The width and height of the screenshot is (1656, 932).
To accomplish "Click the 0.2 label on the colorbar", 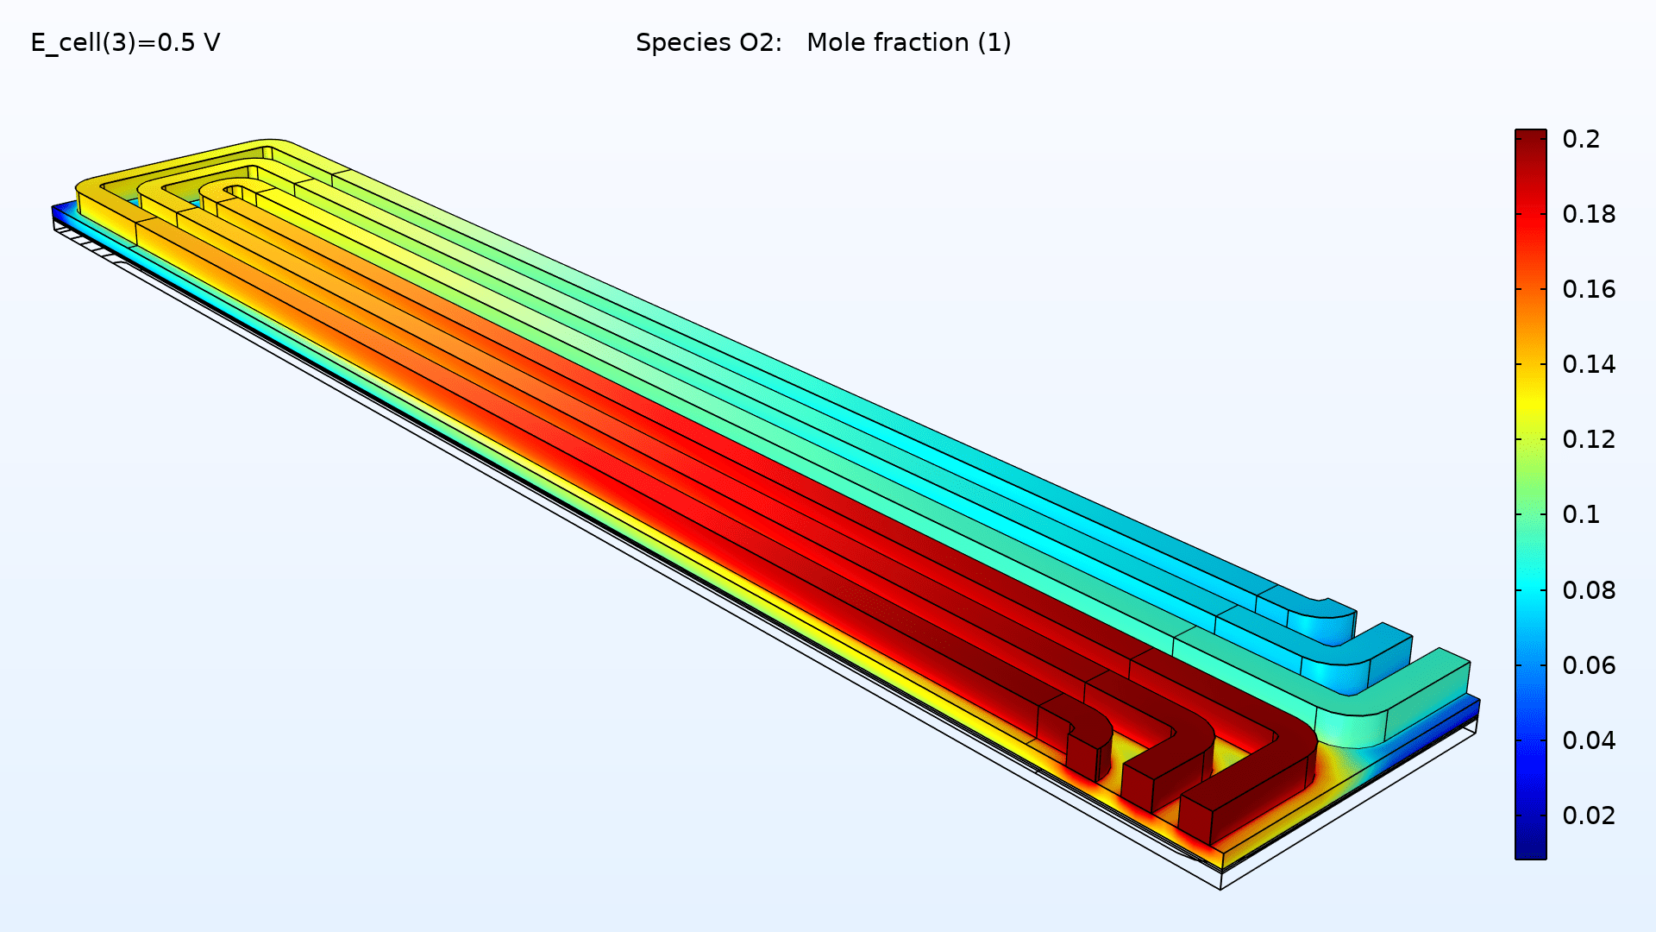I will click(1580, 139).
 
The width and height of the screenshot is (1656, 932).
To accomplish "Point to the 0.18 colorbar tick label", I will click(1588, 214).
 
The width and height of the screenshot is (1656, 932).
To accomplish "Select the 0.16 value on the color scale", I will click(1588, 289).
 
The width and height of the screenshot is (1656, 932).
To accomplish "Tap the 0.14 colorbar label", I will click(1588, 364).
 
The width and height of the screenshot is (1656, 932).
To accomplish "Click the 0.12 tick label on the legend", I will click(1588, 439).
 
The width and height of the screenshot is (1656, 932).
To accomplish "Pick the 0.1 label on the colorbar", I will click(1580, 514).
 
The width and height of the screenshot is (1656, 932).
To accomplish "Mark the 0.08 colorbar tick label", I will click(1588, 590).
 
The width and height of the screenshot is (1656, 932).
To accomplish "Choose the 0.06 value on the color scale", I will click(1588, 665).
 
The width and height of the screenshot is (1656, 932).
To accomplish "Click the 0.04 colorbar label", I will click(1588, 740).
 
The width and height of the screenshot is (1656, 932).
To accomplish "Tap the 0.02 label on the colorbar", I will click(1588, 815).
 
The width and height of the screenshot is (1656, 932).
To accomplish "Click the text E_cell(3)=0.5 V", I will click(125, 42).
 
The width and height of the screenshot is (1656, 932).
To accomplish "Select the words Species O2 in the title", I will click(707, 42).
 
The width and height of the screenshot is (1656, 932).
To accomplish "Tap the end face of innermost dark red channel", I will click(1082, 756).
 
